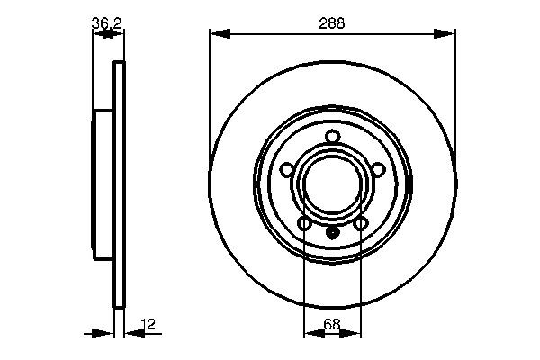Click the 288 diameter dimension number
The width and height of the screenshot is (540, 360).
[x=331, y=23]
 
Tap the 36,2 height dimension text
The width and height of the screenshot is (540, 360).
[x=107, y=23]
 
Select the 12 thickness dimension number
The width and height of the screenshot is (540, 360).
[x=148, y=324]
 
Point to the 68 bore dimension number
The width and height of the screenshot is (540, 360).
[x=332, y=324]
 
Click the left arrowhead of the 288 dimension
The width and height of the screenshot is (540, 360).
[x=220, y=34]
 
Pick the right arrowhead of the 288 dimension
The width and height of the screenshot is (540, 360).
[x=445, y=34]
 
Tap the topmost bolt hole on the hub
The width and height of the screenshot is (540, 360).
[x=333, y=137]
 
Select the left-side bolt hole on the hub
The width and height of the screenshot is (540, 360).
[x=287, y=170]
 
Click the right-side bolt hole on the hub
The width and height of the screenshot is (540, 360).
[x=378, y=170]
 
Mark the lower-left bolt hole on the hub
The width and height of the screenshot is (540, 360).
[x=304, y=224]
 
